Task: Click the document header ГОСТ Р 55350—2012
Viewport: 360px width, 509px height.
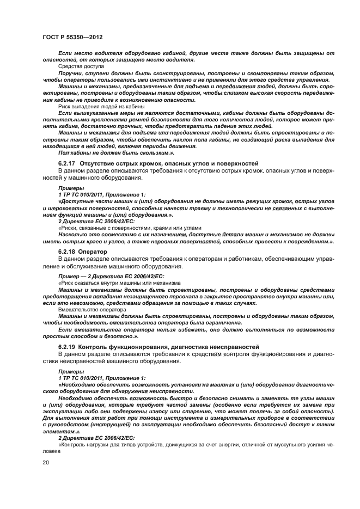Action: pyautogui.click(x=72, y=36)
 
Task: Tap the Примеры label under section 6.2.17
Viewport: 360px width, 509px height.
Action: pyautogui.click(x=68, y=188)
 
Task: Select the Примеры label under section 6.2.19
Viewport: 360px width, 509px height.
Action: pyautogui.click(x=68, y=372)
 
